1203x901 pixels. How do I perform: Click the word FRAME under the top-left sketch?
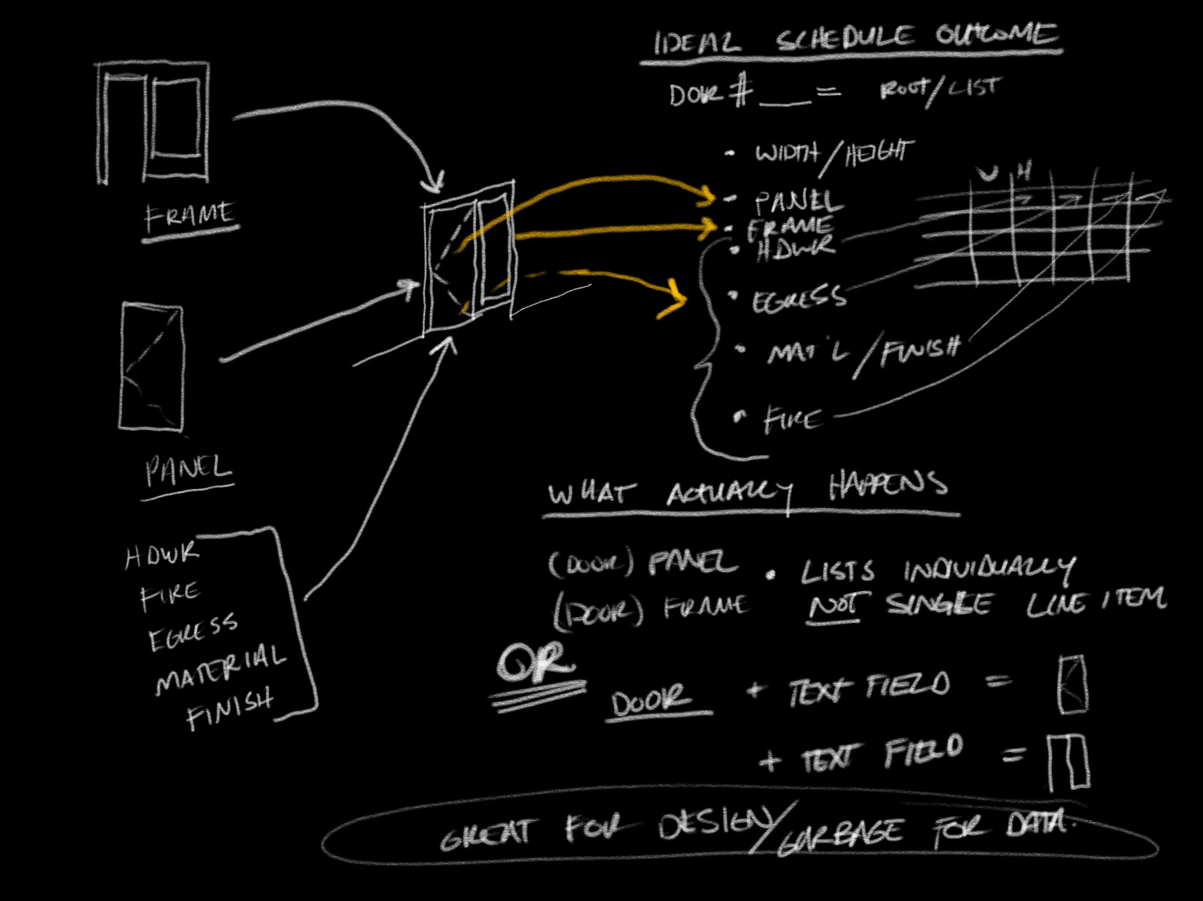point(189,215)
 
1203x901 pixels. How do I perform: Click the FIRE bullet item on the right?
point(792,420)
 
